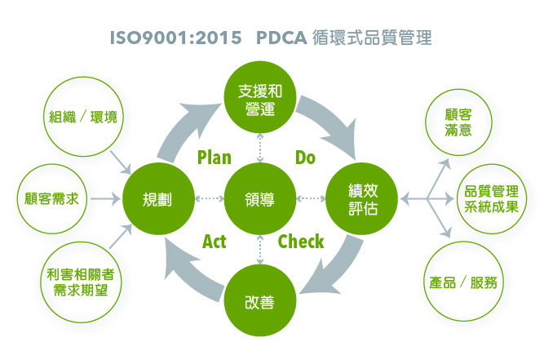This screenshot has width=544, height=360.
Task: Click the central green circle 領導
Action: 260,199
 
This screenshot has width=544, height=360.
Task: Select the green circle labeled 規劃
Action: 158,199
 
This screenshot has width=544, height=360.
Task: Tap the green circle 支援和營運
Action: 260,97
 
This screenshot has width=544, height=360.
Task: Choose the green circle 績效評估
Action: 361,199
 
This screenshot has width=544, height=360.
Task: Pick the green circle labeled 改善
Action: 260,300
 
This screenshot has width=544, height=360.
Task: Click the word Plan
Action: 214,158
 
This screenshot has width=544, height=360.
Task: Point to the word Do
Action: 305,158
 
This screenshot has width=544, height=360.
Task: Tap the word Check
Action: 301,242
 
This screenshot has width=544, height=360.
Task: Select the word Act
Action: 214,242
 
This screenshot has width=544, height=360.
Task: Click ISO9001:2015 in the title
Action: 175,38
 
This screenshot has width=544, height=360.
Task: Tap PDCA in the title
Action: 281,38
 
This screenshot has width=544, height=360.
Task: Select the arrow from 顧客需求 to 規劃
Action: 105,199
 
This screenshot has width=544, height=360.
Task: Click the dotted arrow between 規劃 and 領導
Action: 210,198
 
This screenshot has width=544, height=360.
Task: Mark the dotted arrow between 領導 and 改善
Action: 260,250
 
